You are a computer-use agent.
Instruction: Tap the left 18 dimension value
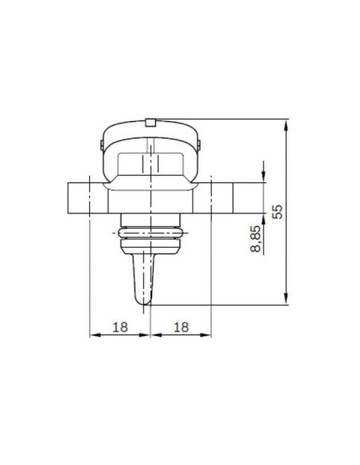click(119, 326)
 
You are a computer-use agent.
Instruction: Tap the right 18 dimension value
click(180, 326)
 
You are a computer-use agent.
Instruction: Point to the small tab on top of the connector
click(150, 122)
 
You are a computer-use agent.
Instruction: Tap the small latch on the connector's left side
click(100, 145)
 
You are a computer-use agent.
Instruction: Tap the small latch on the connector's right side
click(200, 145)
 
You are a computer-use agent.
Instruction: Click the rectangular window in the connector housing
click(150, 165)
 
